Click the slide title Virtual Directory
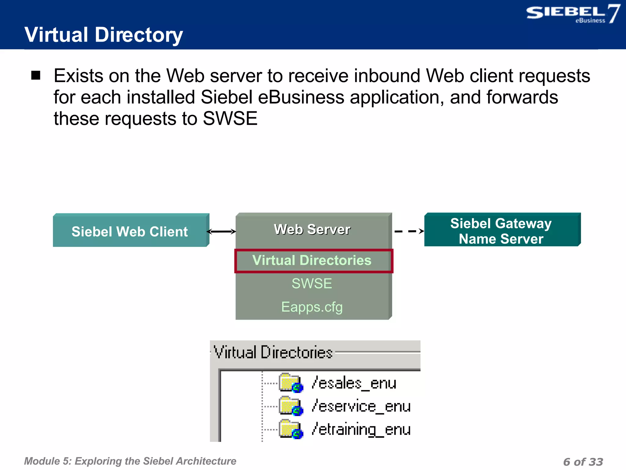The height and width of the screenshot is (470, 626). tap(103, 35)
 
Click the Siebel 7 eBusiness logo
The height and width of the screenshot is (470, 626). tap(573, 14)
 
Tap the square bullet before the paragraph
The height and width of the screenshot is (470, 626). tap(36, 75)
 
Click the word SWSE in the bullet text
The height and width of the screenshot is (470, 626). tap(230, 118)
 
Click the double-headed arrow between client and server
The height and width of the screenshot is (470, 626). tap(222, 232)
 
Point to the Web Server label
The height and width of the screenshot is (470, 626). tap(312, 229)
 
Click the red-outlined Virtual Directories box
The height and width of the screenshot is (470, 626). tap(313, 261)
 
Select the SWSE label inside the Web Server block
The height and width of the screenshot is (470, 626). tap(312, 283)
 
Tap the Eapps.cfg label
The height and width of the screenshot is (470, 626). tap(312, 307)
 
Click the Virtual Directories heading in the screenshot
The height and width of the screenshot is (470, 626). tap(273, 352)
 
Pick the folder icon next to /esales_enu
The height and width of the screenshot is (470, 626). tap(290, 383)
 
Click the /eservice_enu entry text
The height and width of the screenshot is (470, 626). tap(361, 406)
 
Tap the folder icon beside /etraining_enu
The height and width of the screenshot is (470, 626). tap(290, 429)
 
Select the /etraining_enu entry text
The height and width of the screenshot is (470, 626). tap(361, 429)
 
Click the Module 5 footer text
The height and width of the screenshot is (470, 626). tap(130, 461)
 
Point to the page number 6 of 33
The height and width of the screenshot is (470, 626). tap(583, 461)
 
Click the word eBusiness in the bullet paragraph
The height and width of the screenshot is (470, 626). tap(301, 97)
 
